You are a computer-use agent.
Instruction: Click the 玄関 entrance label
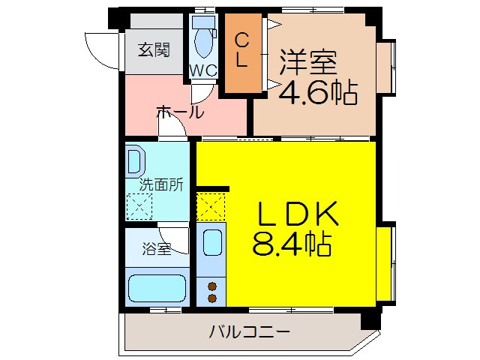click(x=154, y=50)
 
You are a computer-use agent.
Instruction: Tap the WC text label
click(x=203, y=71)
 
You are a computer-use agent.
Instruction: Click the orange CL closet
click(x=243, y=53)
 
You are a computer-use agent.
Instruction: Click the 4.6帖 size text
click(x=318, y=91)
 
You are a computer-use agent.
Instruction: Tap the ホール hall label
click(x=180, y=112)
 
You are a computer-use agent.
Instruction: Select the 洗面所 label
click(x=161, y=185)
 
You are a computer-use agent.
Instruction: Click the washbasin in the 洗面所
click(x=135, y=162)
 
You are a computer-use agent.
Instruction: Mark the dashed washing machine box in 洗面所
click(x=139, y=206)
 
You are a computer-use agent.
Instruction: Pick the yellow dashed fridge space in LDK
click(x=211, y=207)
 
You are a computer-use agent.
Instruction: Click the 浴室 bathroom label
click(x=157, y=248)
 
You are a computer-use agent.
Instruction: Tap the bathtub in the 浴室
click(x=157, y=288)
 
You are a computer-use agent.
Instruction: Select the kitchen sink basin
click(x=212, y=243)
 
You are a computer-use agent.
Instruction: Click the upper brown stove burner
click(x=212, y=286)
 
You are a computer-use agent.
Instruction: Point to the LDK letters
click(x=298, y=213)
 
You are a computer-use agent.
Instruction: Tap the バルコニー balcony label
click(x=249, y=331)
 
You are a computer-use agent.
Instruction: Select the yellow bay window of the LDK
click(x=385, y=263)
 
